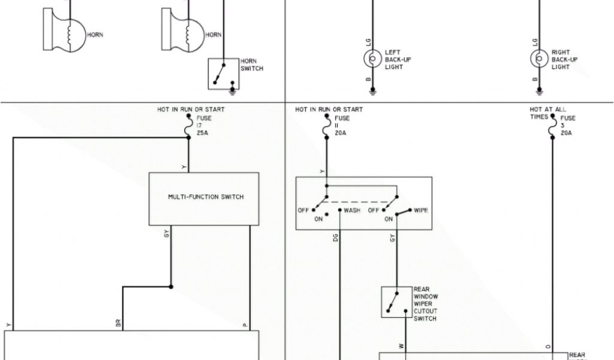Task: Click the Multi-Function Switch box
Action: click(204, 198)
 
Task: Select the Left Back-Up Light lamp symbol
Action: click(372, 58)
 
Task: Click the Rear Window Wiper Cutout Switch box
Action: click(396, 302)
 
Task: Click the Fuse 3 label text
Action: click(567, 125)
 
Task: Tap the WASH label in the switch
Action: click(352, 211)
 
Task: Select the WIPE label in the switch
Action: click(421, 211)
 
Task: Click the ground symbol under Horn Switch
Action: click(233, 91)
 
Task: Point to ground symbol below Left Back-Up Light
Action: click(372, 91)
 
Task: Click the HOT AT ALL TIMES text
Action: click(547, 113)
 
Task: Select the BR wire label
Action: click(118, 323)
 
